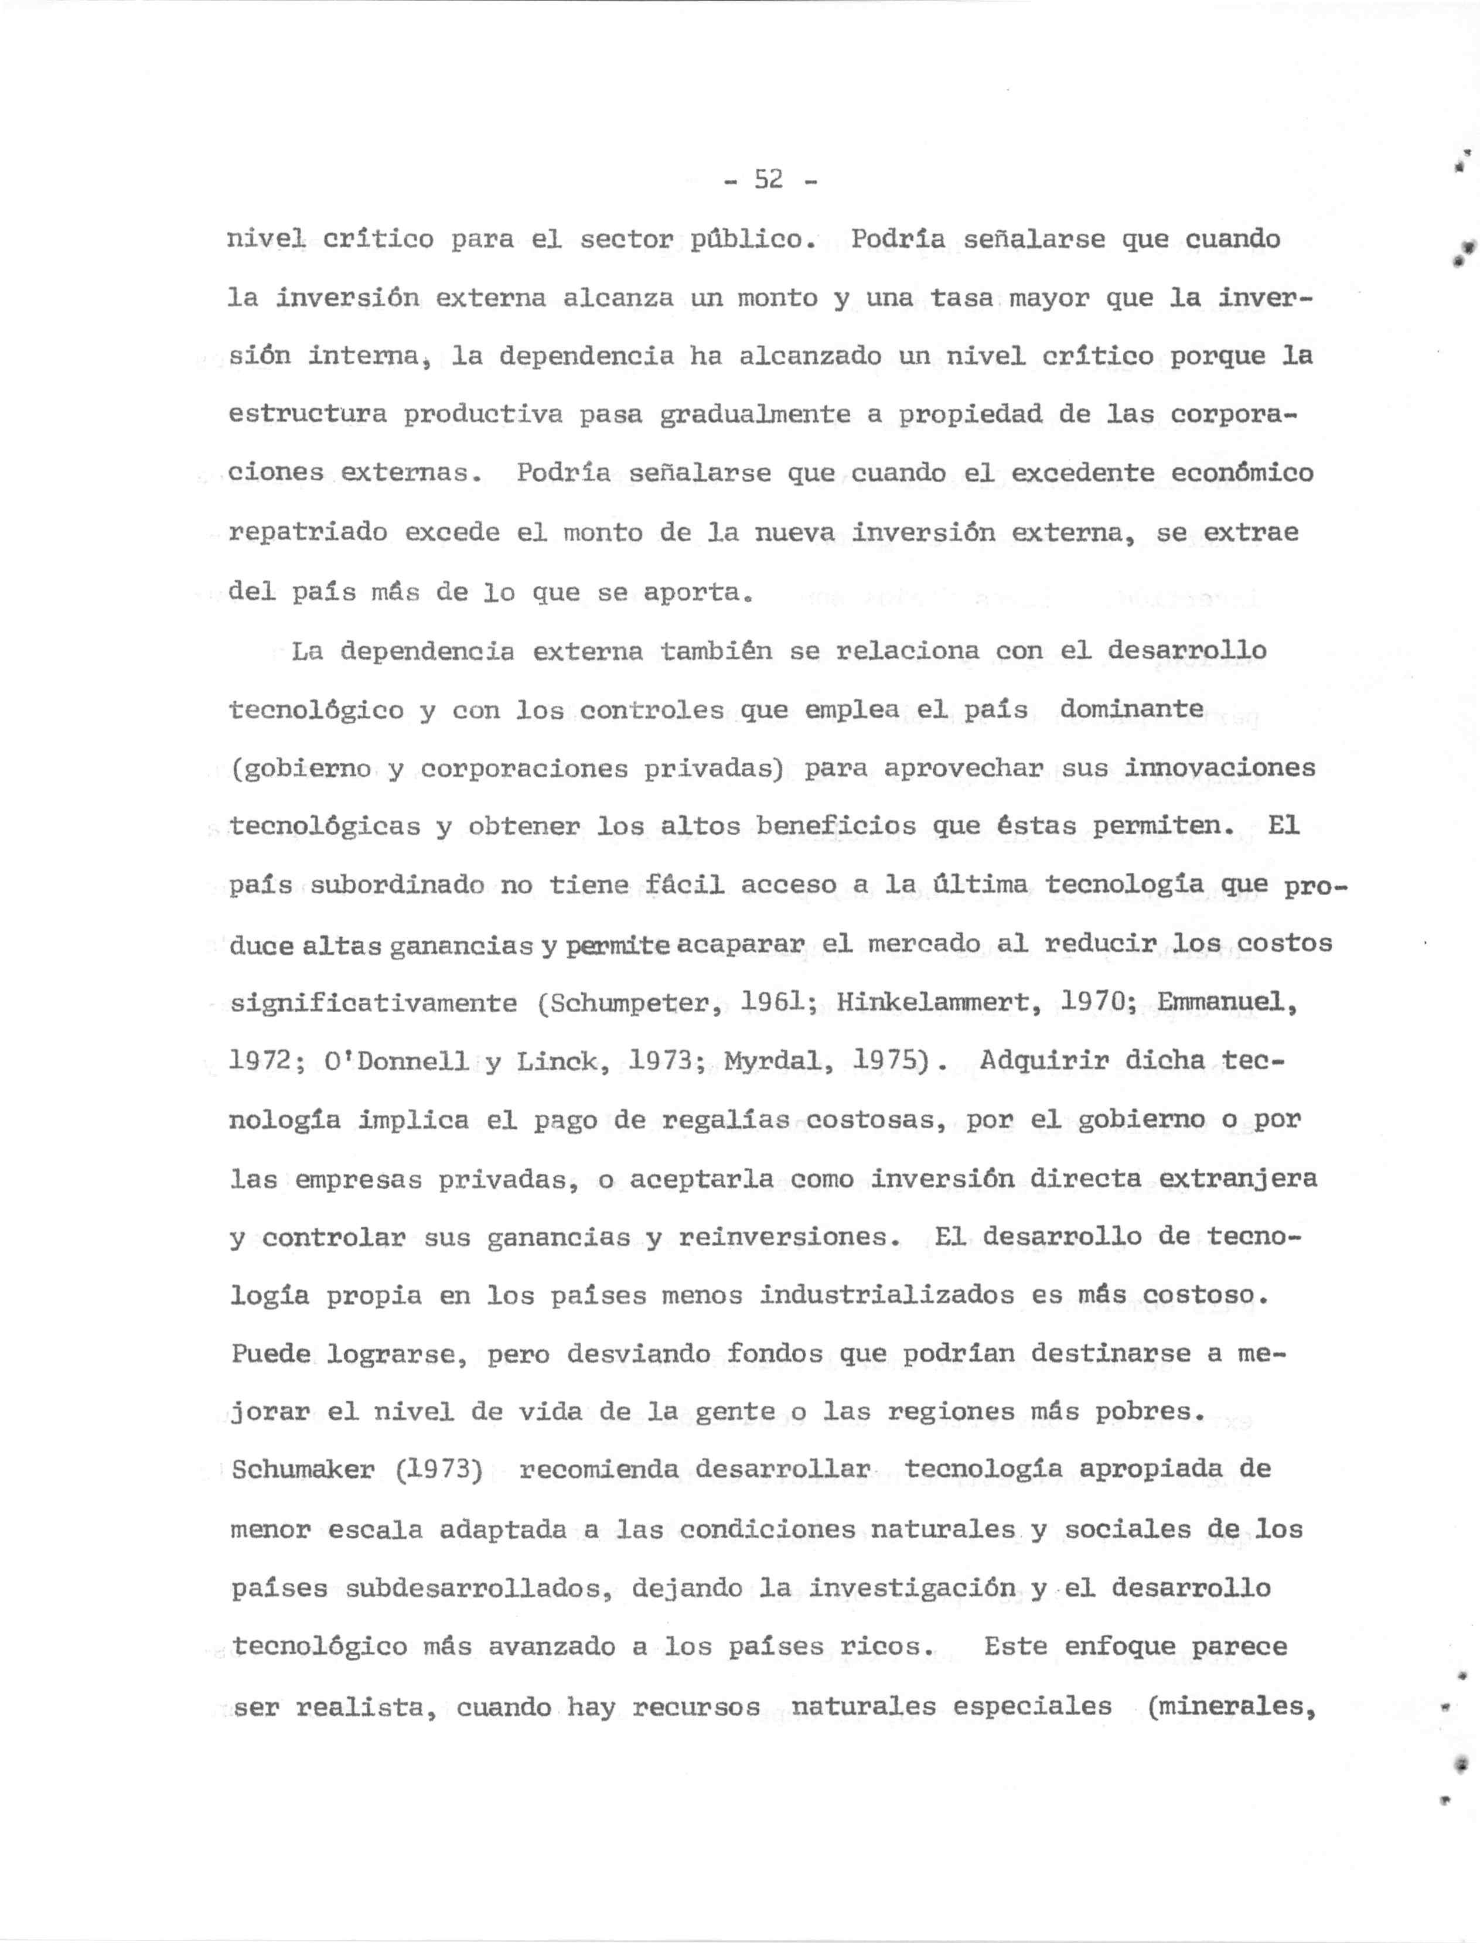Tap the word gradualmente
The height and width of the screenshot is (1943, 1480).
click(x=755, y=415)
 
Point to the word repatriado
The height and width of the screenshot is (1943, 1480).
click(x=308, y=534)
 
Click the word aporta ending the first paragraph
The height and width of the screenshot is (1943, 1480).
click(x=695, y=593)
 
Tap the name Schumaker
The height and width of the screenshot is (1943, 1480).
click(x=302, y=1471)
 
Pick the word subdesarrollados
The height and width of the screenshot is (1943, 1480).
click(x=478, y=1588)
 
